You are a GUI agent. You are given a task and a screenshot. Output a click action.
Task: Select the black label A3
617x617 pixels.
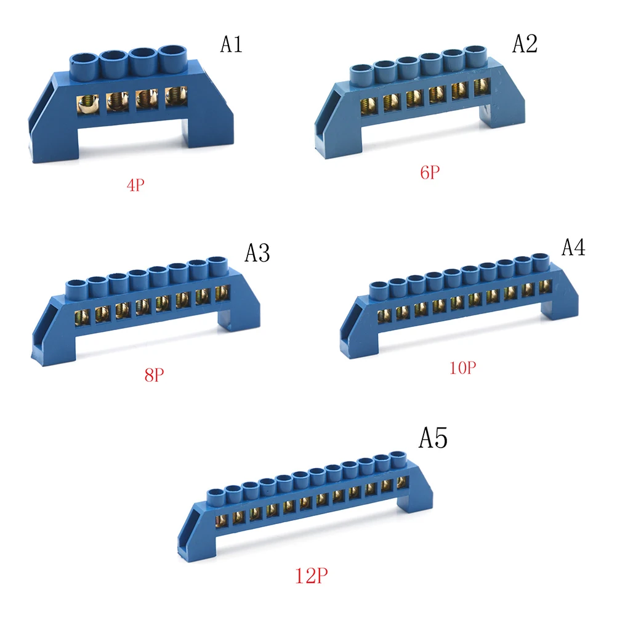pos(257,253)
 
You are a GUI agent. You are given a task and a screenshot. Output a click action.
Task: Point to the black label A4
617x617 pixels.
pos(573,247)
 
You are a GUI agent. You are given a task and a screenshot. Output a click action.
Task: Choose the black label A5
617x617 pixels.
pos(433,439)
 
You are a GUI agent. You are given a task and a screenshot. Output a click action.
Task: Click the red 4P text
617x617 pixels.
pos(136,185)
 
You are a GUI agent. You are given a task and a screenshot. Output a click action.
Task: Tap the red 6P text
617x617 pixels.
pos(430,172)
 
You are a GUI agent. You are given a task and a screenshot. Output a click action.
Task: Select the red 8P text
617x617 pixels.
pos(155,374)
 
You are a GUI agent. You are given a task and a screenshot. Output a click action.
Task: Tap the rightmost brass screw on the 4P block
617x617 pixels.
pos(175,98)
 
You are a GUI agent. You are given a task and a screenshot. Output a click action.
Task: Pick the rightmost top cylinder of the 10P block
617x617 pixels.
pos(540,259)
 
